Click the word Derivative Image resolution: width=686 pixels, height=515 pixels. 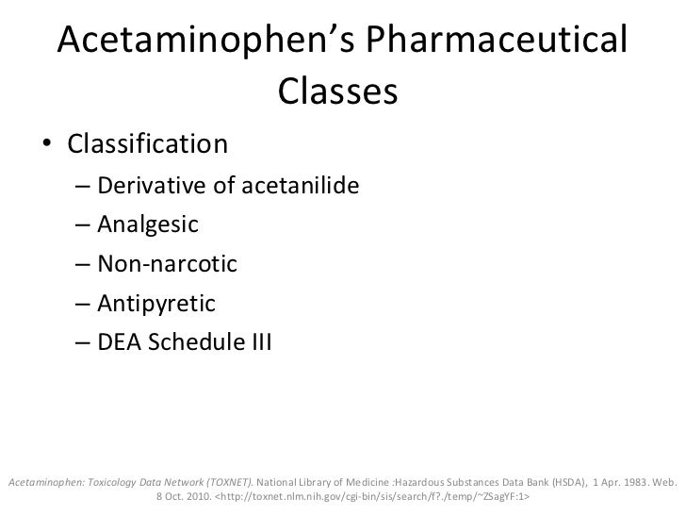point(151,184)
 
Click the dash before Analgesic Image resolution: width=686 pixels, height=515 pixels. point(83,225)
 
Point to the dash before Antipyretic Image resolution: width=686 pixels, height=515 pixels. point(83,306)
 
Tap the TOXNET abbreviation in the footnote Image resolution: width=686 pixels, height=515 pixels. point(222,481)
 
